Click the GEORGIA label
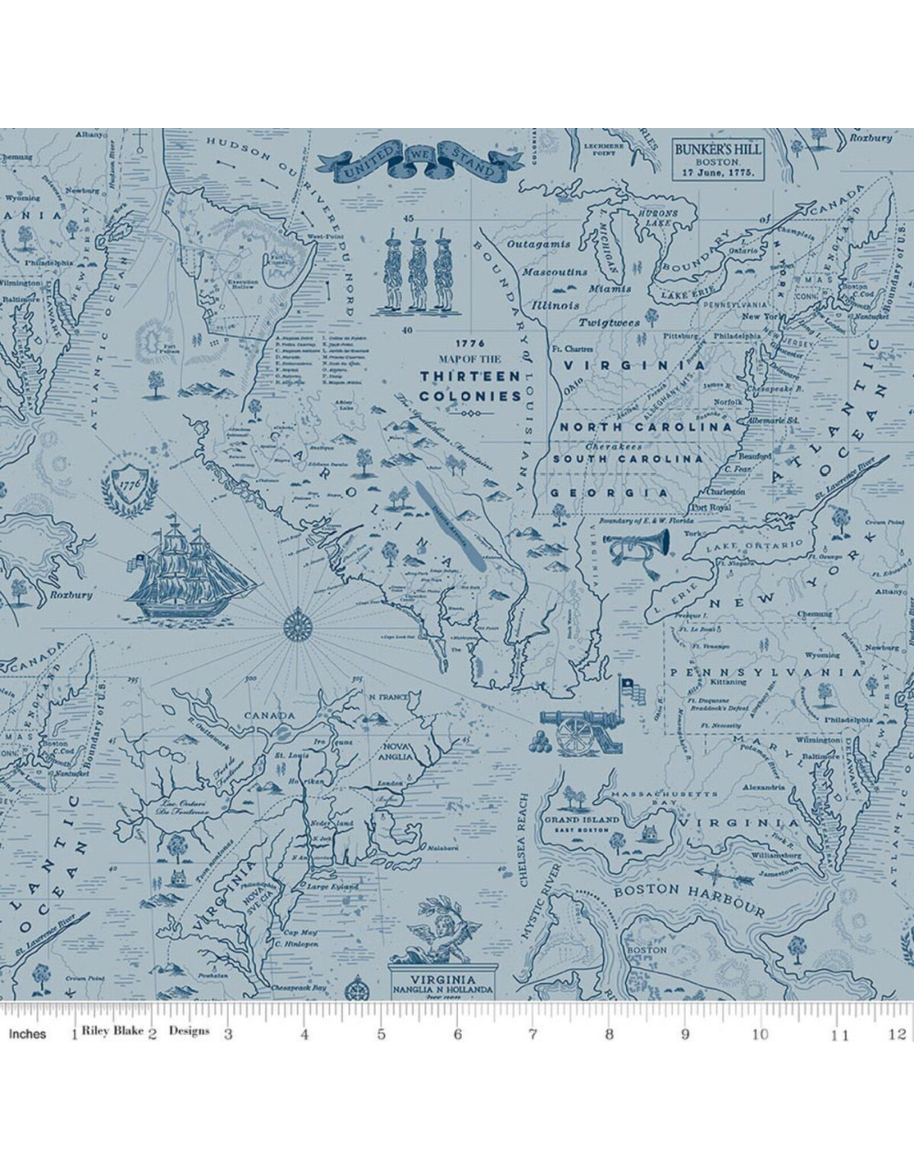pos(610,493)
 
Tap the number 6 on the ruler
pos(457,1035)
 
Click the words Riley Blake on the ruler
pos(112,1031)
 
